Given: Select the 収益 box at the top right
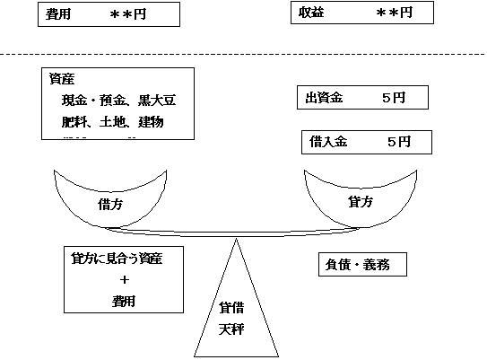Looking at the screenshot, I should pyautogui.click(x=362, y=13).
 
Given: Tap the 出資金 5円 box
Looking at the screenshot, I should pyautogui.click(x=361, y=98).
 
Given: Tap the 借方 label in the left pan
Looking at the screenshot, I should pyautogui.click(x=110, y=205).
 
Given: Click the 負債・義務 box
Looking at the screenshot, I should pyautogui.click(x=361, y=266).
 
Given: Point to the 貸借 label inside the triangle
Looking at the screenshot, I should pyautogui.click(x=232, y=308).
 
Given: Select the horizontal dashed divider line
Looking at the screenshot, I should pyautogui.click(x=242, y=56).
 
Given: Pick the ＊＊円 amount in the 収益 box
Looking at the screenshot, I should pyautogui.click(x=394, y=13).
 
